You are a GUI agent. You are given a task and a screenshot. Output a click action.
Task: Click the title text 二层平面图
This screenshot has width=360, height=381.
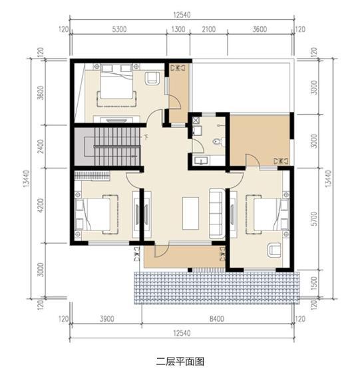click(x=180, y=362)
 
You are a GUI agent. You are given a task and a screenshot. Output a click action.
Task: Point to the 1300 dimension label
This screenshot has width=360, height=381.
click(x=178, y=29)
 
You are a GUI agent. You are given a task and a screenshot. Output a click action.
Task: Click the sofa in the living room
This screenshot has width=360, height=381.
click(x=216, y=212)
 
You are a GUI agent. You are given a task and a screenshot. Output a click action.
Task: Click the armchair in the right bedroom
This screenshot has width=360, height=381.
click(x=273, y=250)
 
